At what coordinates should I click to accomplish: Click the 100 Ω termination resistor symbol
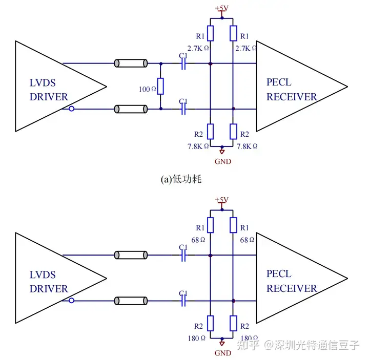[x=160, y=87]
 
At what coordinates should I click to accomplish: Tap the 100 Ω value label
[x=147, y=90]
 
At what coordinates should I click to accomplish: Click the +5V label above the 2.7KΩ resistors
[x=221, y=8]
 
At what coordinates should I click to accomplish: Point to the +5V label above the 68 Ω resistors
[x=221, y=199]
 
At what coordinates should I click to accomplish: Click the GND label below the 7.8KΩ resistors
[x=222, y=161]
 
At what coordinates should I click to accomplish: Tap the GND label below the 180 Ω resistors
[x=222, y=353]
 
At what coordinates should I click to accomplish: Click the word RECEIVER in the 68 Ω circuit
[x=292, y=288]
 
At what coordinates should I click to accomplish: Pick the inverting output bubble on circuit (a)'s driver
[x=72, y=109]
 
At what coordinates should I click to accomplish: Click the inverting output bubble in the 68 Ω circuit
[x=72, y=300]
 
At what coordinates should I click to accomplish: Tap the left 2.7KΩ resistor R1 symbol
[x=210, y=34]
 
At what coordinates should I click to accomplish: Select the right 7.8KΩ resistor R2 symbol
[x=233, y=132]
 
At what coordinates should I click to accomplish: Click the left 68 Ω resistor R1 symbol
[x=210, y=225]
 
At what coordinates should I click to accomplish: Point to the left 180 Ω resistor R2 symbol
[x=210, y=323]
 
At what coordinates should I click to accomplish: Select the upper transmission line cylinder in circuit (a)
[x=131, y=64]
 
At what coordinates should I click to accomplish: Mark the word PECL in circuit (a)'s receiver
[x=279, y=82]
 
